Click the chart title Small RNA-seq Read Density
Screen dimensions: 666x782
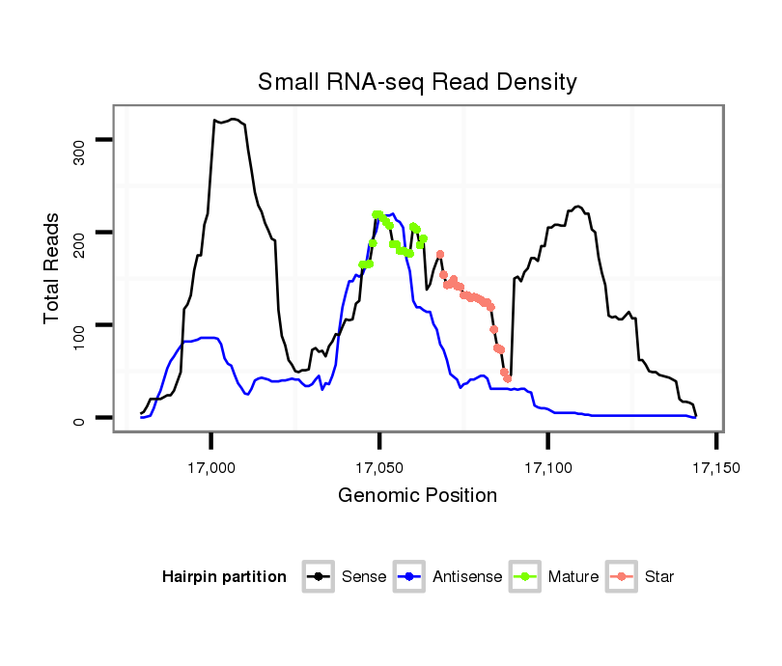[417, 82]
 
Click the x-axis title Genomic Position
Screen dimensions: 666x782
[417, 496]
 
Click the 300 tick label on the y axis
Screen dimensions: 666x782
[80, 141]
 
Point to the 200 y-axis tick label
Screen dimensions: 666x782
[80, 233]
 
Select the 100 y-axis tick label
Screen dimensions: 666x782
[80, 325]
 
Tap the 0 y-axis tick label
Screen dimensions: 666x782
[80, 418]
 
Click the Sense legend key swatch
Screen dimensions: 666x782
[319, 577]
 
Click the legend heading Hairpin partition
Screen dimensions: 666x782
[224, 577]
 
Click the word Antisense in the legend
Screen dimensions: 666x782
[467, 577]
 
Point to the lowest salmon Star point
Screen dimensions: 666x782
[507, 378]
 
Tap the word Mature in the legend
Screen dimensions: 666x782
[573, 577]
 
